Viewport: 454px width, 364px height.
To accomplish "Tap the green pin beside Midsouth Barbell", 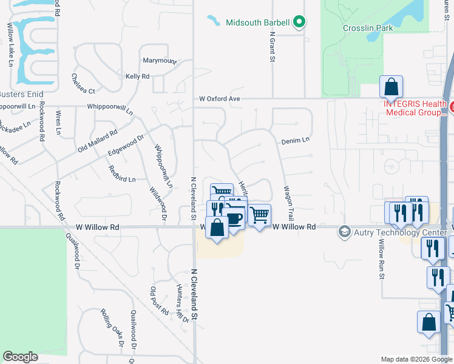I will coord(299,22).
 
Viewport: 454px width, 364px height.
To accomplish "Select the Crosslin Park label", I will coord(367,28).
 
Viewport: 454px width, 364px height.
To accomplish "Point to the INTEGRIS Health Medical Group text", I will coord(416,107).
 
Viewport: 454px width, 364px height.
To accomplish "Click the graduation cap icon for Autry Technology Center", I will coord(345,232).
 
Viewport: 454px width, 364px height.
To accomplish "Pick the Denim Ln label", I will coord(295,141).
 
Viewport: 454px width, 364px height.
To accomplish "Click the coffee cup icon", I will coord(234,218).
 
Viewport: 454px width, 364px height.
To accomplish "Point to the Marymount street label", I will coord(159,61).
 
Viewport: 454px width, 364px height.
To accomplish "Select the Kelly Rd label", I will coord(137,76).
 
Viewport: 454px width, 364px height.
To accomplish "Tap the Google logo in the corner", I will coord(21,357).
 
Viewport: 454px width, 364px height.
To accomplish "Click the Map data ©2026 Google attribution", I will coord(416,359).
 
